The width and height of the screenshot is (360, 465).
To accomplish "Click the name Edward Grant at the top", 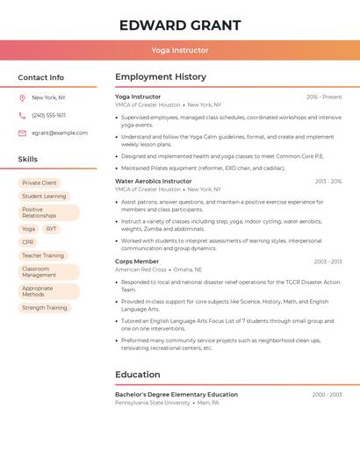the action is [x=180, y=25].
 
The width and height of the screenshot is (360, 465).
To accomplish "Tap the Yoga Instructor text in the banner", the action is [x=180, y=51].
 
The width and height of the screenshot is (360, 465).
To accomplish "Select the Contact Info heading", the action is [x=41, y=77].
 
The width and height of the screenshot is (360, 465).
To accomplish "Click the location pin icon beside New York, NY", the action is [x=22, y=98].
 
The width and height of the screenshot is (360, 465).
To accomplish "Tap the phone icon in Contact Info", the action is [x=22, y=116].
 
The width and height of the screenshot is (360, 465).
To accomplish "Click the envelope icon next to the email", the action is [x=22, y=133].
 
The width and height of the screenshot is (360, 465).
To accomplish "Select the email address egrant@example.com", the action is [x=60, y=133].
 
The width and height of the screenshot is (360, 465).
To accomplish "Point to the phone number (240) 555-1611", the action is [x=49, y=116].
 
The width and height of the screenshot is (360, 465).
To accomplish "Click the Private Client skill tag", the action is [x=40, y=183].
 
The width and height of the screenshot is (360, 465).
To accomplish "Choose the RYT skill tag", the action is [x=51, y=229].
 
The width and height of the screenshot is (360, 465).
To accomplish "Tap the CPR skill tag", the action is [x=28, y=242].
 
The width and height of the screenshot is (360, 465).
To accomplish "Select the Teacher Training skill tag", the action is [x=43, y=255].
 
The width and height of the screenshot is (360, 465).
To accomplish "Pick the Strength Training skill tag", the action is [x=45, y=308].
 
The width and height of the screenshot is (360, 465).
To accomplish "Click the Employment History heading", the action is [x=161, y=77].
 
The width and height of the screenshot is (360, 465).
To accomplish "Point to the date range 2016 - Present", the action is [x=324, y=97].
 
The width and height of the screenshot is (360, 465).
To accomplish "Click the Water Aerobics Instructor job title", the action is [x=154, y=181].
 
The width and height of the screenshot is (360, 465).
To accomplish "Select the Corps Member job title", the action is [x=137, y=261].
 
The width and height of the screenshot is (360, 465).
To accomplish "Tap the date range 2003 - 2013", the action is [x=328, y=261].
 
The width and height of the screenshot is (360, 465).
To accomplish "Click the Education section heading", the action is [x=138, y=375].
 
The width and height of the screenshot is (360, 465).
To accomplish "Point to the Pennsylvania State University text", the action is [x=153, y=403].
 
